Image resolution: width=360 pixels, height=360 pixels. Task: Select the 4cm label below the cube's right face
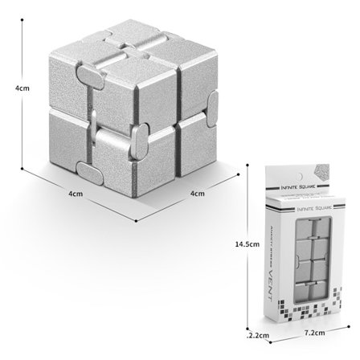pyautogui.click(x=196, y=193)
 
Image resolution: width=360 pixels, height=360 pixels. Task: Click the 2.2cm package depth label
pyautogui.click(x=259, y=332)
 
